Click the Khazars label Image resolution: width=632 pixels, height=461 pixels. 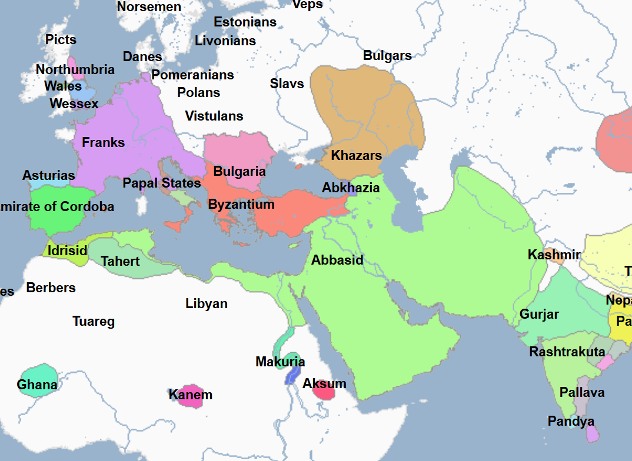(x=356, y=156)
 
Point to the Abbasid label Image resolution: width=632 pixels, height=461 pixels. (x=337, y=260)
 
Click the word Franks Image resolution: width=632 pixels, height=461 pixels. (x=104, y=142)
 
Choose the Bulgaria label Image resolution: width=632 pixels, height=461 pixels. (x=240, y=172)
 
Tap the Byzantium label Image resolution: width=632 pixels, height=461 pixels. (x=241, y=205)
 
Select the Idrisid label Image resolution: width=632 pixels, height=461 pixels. (x=67, y=250)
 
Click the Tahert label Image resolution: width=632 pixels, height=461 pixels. (x=120, y=261)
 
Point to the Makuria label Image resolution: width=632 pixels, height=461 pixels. (x=280, y=362)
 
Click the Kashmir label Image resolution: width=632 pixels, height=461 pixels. (x=554, y=255)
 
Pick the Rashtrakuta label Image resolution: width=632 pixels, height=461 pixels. (x=567, y=352)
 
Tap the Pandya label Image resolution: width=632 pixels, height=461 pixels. (x=571, y=421)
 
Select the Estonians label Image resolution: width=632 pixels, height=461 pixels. (x=245, y=22)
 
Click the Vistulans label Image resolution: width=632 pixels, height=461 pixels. (x=214, y=116)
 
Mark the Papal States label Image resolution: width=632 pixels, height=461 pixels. (x=162, y=183)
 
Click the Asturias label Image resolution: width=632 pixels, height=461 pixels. (x=49, y=175)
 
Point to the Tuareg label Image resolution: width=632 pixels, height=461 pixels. (x=94, y=321)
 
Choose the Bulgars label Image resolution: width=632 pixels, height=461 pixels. (x=387, y=56)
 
